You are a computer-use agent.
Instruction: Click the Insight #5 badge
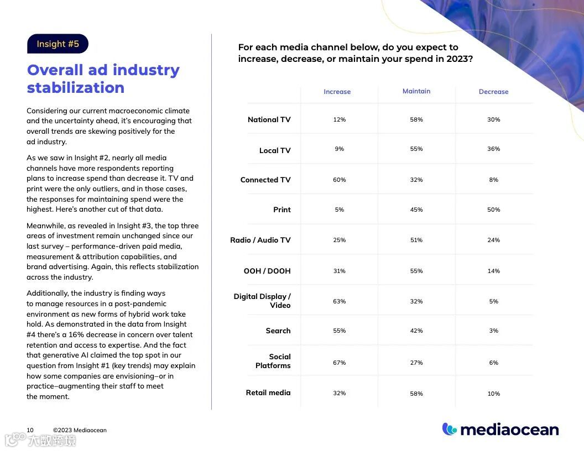58,44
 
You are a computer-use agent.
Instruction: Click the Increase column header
337,92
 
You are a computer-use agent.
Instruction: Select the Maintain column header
416,91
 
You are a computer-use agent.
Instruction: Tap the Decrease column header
493,92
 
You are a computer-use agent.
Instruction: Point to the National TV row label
269,119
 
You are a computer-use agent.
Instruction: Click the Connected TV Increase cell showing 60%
339,180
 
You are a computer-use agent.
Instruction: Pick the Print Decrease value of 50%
493,209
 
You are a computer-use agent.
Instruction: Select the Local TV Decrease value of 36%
493,149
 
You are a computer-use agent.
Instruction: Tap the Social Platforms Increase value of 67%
339,363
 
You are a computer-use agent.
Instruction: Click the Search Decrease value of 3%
493,331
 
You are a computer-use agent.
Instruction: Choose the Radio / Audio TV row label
260,240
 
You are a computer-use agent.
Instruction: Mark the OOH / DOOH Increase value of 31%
339,271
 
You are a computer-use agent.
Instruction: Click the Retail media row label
268,392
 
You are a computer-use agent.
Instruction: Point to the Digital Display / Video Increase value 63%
339,301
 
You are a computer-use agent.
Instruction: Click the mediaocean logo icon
449,429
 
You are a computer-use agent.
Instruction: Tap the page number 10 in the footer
30,430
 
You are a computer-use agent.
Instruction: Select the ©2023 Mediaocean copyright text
80,430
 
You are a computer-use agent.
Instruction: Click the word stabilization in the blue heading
76,88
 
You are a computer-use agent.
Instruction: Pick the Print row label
281,209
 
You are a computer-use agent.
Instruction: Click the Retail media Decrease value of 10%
493,394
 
